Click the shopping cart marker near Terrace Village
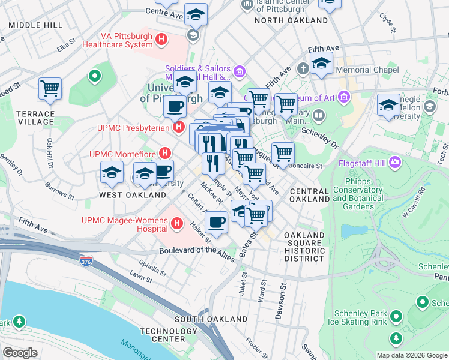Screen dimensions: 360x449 [x=50, y=89]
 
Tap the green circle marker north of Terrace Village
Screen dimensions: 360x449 [x=94, y=76]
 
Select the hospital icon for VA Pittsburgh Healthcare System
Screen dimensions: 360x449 [x=161, y=40]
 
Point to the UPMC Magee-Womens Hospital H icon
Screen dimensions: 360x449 [x=176, y=224]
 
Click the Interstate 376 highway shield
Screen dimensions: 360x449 [x=86, y=261]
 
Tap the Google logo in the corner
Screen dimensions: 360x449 [x=20, y=353]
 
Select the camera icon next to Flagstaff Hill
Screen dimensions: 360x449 [x=395, y=162]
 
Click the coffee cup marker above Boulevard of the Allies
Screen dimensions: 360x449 [x=216, y=221]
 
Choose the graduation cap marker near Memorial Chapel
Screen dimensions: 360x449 [x=321, y=62]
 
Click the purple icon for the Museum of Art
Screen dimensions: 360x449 [x=344, y=97]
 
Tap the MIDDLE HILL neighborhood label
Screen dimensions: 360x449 [x=35, y=25]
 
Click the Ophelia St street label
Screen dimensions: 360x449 [x=153, y=265]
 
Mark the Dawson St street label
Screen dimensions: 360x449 [x=280, y=296]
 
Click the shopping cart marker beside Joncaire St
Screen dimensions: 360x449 [x=282, y=153]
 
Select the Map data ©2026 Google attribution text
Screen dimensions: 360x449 [x=412, y=355]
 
